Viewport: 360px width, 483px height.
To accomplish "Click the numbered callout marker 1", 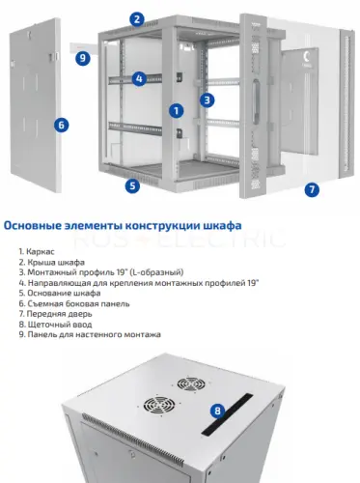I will (x=177, y=111).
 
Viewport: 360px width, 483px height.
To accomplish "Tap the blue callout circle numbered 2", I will (x=138, y=18).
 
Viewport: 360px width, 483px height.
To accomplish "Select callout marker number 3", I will (x=207, y=99).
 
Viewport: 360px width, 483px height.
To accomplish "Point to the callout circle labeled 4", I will (x=139, y=78).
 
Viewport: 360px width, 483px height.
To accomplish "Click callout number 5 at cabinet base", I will (x=133, y=185).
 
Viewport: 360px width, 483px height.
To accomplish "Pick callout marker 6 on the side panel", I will (x=61, y=124).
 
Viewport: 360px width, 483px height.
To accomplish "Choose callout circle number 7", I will (x=312, y=190).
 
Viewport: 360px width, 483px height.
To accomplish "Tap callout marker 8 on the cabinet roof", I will (x=218, y=410).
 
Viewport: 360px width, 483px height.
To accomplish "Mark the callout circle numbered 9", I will (x=83, y=58).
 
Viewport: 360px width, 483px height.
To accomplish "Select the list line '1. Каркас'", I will (x=37, y=251).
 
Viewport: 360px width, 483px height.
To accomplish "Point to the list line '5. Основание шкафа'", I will (x=56, y=293).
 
